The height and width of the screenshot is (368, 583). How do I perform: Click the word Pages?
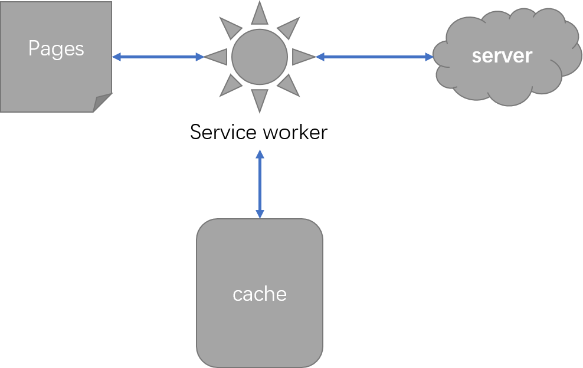click(x=56, y=48)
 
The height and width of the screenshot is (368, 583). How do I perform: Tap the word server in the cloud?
click(x=502, y=55)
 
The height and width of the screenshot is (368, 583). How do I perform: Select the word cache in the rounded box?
click(x=260, y=294)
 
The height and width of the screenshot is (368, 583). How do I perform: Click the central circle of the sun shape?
click(x=260, y=57)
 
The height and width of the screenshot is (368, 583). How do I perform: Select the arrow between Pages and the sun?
click(x=158, y=57)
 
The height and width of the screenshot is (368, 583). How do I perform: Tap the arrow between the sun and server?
click(x=375, y=57)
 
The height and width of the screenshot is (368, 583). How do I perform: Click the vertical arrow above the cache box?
click(x=260, y=184)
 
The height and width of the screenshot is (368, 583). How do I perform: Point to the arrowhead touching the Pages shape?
click(x=117, y=57)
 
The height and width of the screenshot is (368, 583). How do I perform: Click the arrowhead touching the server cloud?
click(x=429, y=57)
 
